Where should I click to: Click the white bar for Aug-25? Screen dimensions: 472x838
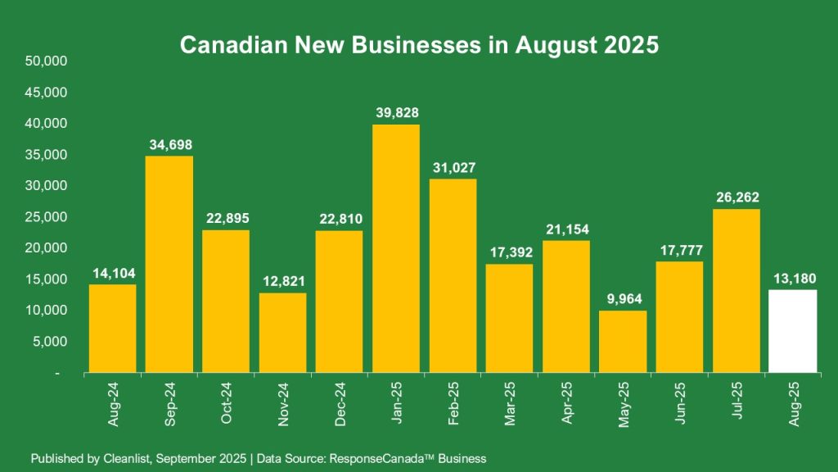(793, 331)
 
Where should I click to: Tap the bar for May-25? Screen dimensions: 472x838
(623, 342)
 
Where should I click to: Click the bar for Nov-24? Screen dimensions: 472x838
(282, 333)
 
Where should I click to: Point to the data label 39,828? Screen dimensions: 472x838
(396, 112)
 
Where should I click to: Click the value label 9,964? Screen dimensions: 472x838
(623, 298)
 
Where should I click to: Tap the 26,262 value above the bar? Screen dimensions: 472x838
(737, 197)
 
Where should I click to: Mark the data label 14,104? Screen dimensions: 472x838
(113, 272)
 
